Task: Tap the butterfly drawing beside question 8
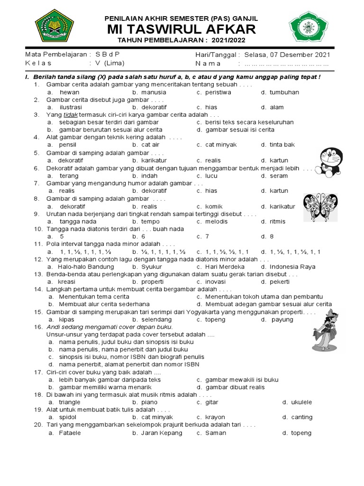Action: coord(320,207)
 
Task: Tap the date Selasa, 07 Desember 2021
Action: coord(287,55)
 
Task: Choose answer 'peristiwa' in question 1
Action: coord(218,92)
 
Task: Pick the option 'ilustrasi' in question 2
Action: coord(71,107)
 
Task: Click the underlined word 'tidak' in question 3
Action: coord(70,115)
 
